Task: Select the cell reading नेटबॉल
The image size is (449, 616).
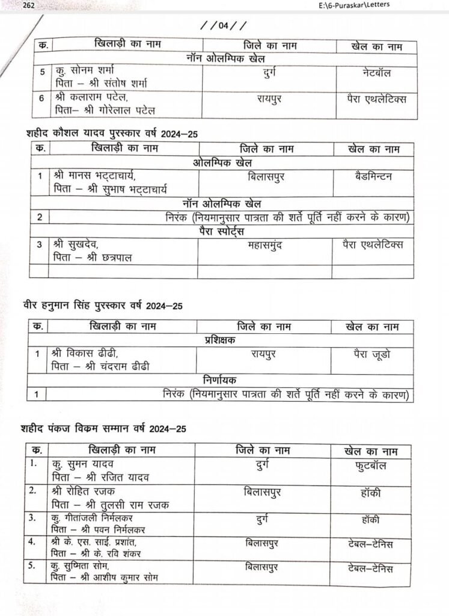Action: [373, 73]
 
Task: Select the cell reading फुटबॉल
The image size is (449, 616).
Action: [370, 466]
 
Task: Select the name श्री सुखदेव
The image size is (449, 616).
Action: [73, 245]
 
